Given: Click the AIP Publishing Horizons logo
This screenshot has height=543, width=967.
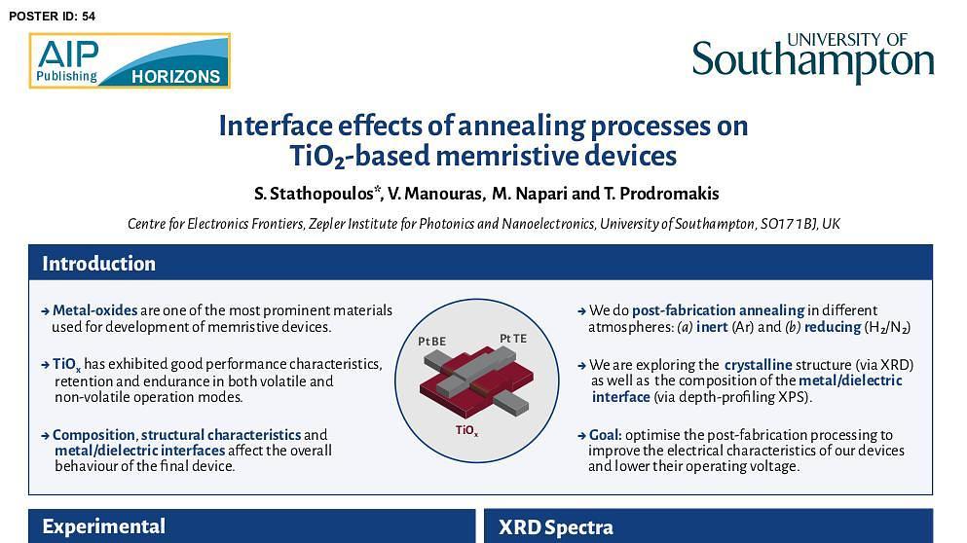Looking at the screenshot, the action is (130, 60).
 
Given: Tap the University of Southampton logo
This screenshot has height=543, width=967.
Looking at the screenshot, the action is (813, 57).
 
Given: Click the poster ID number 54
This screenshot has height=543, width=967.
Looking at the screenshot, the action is (89, 16).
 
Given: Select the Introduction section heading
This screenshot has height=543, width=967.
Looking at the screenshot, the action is (98, 263).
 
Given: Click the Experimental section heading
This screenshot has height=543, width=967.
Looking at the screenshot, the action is (103, 525).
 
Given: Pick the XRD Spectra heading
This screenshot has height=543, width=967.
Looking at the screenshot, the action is (556, 527).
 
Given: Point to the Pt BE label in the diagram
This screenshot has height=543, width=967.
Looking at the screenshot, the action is (431, 342).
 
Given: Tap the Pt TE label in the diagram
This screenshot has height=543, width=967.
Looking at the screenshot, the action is (513, 339).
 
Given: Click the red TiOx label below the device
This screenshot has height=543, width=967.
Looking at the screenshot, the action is (466, 430).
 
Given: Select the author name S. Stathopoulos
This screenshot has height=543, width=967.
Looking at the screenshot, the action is (314, 194).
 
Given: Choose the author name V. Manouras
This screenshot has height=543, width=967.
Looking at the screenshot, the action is (434, 194).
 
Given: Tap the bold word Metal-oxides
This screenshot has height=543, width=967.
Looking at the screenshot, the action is (95, 310).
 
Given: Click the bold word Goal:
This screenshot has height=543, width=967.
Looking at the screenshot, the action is (606, 435).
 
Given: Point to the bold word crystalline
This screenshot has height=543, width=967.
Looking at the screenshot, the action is (758, 364).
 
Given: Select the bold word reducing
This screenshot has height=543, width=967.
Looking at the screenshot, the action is (833, 327).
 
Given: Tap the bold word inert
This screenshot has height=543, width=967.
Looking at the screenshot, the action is (712, 327).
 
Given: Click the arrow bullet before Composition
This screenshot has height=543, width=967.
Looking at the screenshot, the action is (45, 435).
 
